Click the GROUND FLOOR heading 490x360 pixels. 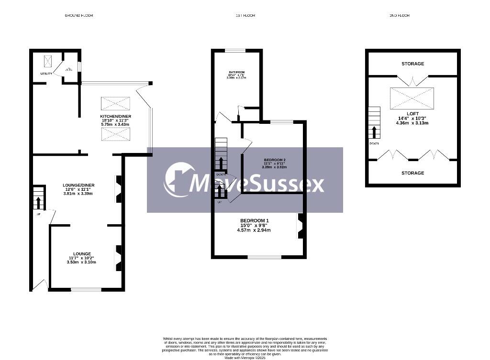(x=79, y=16)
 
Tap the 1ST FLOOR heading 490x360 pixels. (x=245, y=16)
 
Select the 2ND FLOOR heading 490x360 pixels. (x=400, y=16)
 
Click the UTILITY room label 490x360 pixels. (x=46, y=74)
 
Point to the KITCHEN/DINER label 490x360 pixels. (x=115, y=116)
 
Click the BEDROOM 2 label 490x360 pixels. (x=274, y=160)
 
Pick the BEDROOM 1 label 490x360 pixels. (x=254, y=220)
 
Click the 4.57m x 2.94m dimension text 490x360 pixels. (x=254, y=230)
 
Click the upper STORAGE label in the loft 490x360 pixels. (x=412, y=64)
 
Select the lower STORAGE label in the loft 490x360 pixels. (x=412, y=173)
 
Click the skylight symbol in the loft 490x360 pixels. (x=412, y=98)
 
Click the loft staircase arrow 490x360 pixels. (x=374, y=132)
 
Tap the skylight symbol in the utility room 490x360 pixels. (x=48, y=61)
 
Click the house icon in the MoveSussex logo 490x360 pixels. (x=179, y=180)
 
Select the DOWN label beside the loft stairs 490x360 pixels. (x=374, y=143)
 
